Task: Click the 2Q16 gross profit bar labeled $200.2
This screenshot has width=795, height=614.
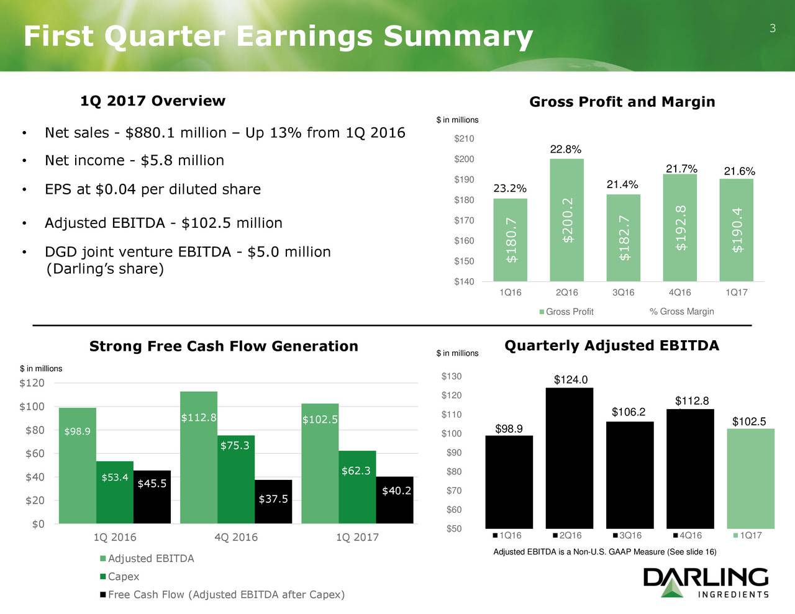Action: (x=566, y=220)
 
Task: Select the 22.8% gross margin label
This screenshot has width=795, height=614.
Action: (x=566, y=149)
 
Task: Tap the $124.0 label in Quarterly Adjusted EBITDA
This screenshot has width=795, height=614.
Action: (x=571, y=380)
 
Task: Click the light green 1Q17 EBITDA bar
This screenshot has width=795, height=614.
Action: (x=750, y=478)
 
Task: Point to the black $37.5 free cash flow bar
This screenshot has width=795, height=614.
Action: (x=273, y=502)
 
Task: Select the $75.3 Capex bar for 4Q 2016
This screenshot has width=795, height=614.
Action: (x=235, y=479)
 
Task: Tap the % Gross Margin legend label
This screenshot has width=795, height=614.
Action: (x=681, y=312)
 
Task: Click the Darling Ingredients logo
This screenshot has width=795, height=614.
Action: (x=706, y=582)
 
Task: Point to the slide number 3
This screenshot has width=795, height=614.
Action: (x=773, y=28)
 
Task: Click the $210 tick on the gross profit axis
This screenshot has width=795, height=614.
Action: (x=464, y=138)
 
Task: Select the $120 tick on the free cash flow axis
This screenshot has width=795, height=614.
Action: (x=32, y=383)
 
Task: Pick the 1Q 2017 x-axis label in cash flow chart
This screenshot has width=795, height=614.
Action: (x=357, y=537)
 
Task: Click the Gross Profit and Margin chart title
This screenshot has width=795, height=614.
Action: (x=622, y=102)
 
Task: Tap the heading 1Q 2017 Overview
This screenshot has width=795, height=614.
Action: (x=153, y=101)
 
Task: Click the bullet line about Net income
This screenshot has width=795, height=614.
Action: (x=134, y=161)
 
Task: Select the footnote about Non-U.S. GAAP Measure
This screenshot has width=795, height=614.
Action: (x=604, y=552)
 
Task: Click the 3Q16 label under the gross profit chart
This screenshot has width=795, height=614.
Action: (x=623, y=292)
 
